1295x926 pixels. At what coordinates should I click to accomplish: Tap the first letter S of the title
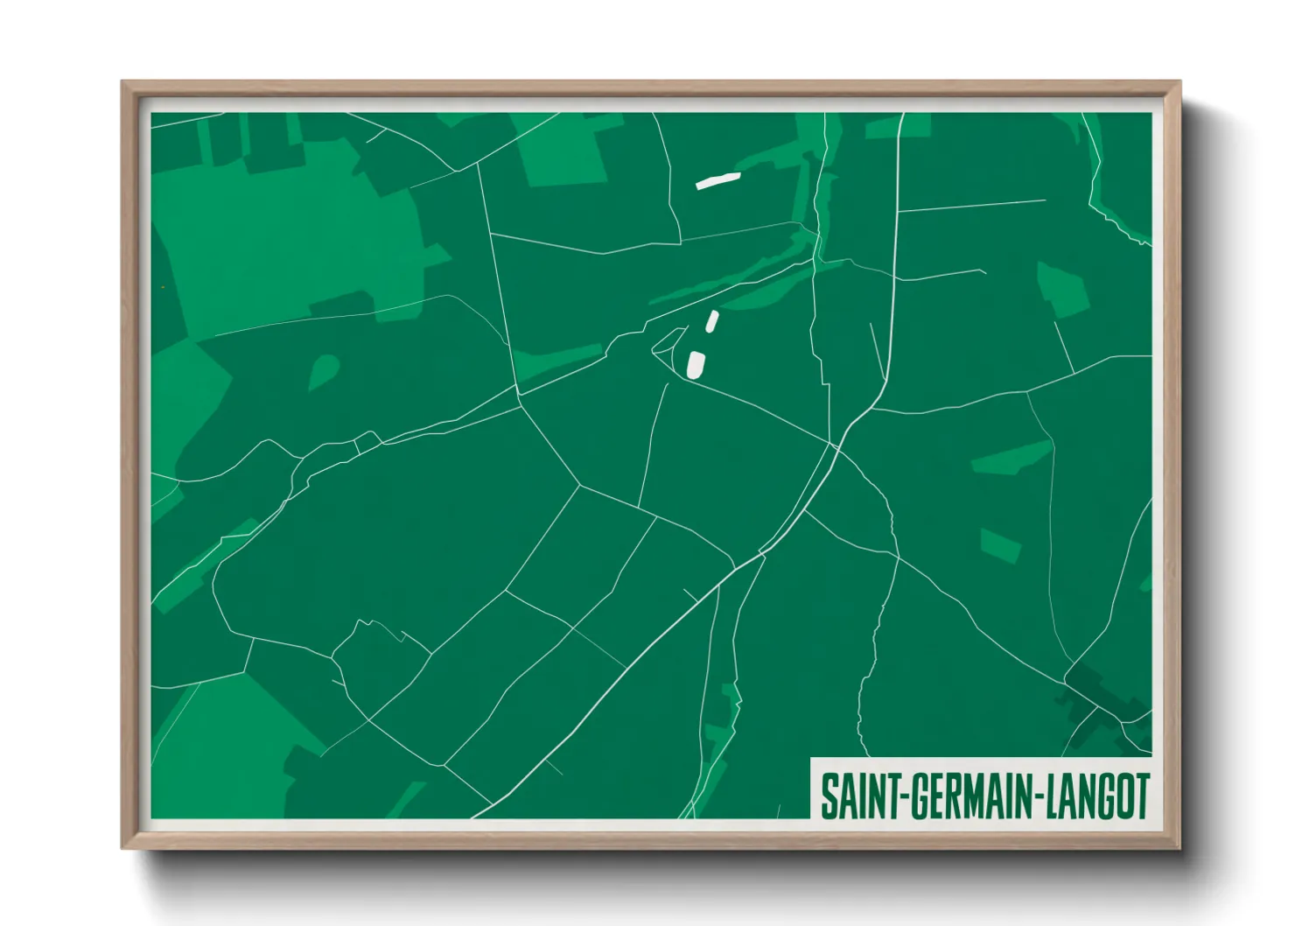(x=828, y=796)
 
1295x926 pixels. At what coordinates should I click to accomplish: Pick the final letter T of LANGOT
(x=1141, y=796)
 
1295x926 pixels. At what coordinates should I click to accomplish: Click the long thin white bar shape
(x=717, y=180)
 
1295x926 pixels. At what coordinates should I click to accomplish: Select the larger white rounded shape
(x=696, y=364)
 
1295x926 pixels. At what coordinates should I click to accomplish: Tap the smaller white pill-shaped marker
(x=712, y=321)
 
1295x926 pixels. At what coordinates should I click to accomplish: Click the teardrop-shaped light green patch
(x=323, y=372)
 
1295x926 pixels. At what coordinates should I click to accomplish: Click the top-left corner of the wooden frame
(x=123, y=83)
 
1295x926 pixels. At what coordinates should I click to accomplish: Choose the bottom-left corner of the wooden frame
(x=123, y=846)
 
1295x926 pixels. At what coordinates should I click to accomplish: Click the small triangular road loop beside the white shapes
(x=665, y=343)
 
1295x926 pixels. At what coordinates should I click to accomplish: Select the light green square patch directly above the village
(x=1000, y=546)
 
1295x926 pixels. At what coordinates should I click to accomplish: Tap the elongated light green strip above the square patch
(x=1011, y=457)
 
